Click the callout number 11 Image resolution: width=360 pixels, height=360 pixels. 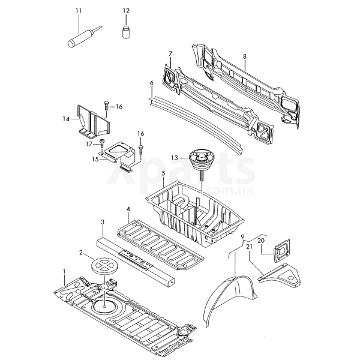coord(79,11)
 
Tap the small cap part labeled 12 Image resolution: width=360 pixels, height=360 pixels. coord(125,32)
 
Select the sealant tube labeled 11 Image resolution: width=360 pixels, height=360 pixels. coord(85,37)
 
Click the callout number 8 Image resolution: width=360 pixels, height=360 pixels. coord(245,56)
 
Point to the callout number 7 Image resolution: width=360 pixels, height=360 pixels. coord(170,53)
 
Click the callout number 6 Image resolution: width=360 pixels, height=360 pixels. coord(151,83)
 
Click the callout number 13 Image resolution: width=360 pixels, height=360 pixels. coord(175,158)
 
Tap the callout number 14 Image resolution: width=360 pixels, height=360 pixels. coord(66,119)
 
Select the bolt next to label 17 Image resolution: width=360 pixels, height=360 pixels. coord(101,145)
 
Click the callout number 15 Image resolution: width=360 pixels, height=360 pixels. coord(95,159)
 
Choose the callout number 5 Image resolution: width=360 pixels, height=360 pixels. coord(163,173)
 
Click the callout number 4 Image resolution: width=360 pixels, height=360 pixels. coord(128,209)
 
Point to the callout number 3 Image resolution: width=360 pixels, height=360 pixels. coord(103,222)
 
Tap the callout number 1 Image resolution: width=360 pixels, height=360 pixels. coord(64,271)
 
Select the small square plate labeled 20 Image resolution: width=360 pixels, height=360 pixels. coord(282,250)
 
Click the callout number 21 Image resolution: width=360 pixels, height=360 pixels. coord(249,247)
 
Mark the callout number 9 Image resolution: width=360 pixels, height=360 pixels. coord(243,237)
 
